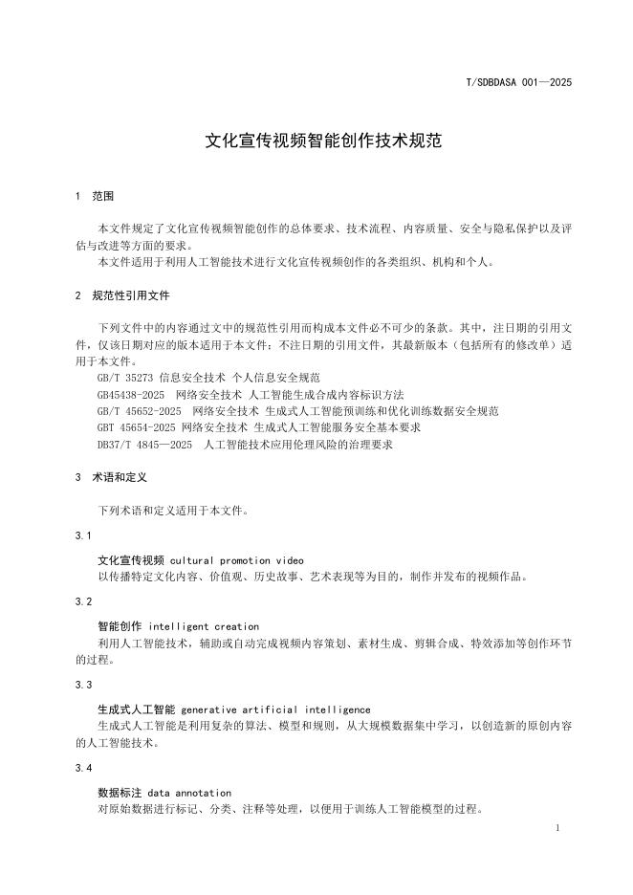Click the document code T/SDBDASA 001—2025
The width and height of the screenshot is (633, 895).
[518, 82]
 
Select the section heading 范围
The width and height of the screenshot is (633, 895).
[103, 196]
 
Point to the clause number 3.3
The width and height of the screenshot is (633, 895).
[83, 685]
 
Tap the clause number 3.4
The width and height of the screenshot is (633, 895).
[83, 768]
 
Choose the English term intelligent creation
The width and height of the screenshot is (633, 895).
[204, 626]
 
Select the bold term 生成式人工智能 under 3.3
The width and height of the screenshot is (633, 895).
[136, 709]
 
